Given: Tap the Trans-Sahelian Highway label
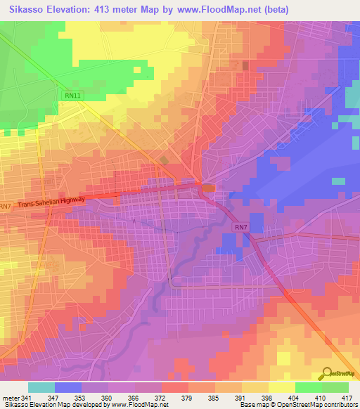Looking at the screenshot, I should pyautogui.click(x=51, y=202).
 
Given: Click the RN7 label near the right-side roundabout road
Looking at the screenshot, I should pyautogui.click(x=240, y=227).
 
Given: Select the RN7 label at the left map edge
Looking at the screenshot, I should pyautogui.click(x=6, y=207).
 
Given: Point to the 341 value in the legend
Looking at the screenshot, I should pyautogui.click(x=26, y=397).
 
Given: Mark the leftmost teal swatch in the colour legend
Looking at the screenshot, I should pyautogui.click(x=41, y=387).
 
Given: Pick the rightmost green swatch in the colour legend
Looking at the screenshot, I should pyautogui.click(x=335, y=387).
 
